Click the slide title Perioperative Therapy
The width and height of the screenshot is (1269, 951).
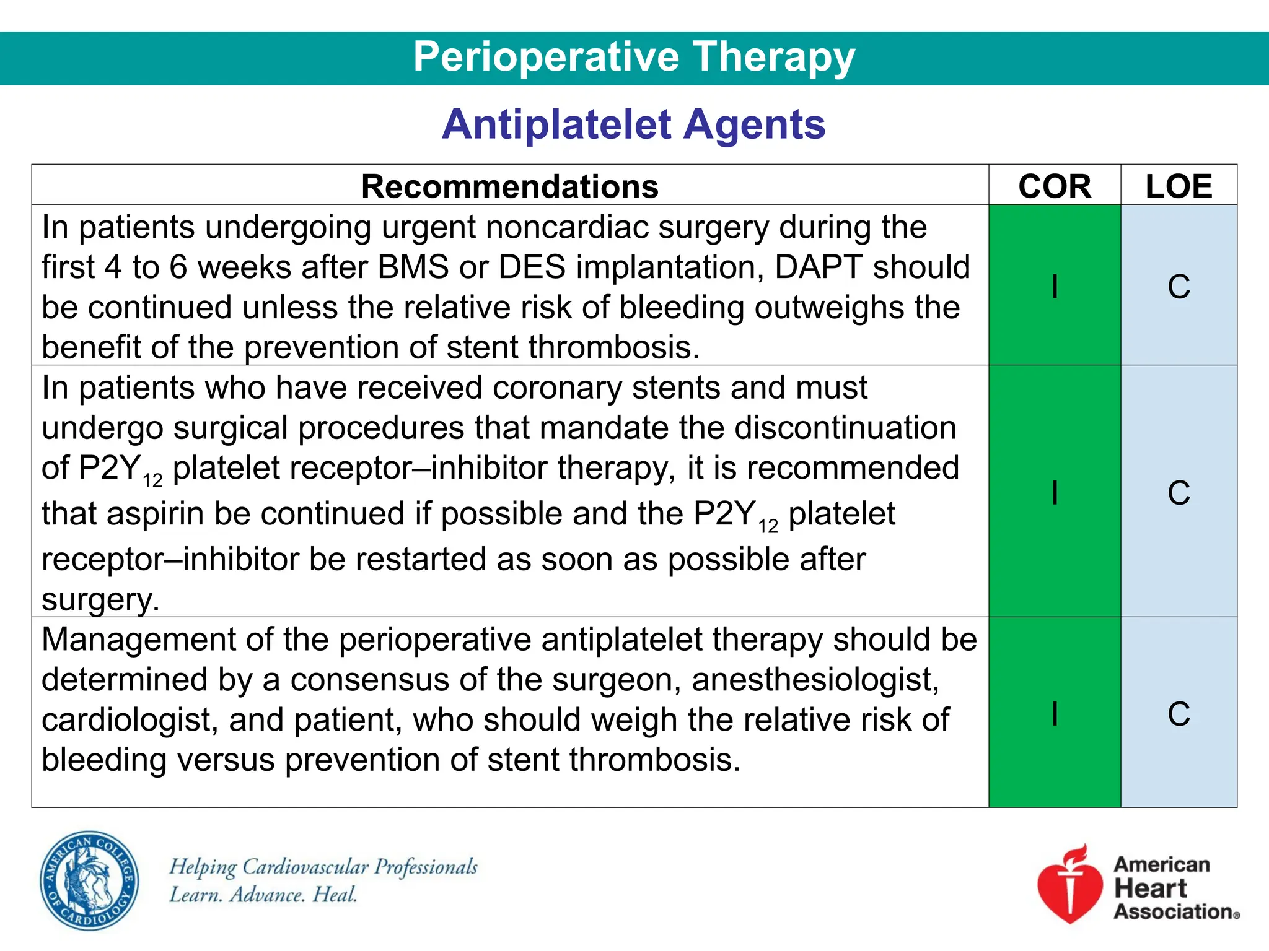coord(634,57)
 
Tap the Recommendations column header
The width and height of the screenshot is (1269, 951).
coord(509,186)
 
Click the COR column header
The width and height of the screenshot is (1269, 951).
coord(1055,186)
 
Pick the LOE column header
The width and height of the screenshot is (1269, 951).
coord(1179,186)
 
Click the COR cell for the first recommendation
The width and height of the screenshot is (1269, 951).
coord(1055,286)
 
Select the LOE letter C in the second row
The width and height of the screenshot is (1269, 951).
coord(1179,493)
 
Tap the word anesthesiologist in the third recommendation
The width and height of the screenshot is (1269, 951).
coord(815,680)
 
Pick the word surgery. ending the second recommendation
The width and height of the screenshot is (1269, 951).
coord(100,599)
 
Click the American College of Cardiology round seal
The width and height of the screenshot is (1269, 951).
coord(90,880)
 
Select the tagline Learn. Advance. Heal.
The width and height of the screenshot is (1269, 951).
coord(263,895)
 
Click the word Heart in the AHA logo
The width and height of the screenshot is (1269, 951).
coord(1150,888)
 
